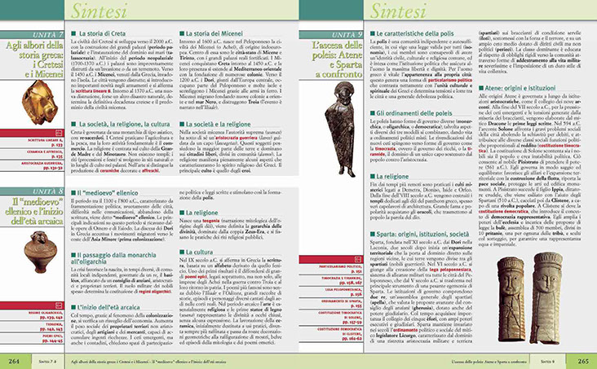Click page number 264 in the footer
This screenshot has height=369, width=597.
tap(14, 360)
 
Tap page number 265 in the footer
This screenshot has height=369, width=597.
tap(583, 360)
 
